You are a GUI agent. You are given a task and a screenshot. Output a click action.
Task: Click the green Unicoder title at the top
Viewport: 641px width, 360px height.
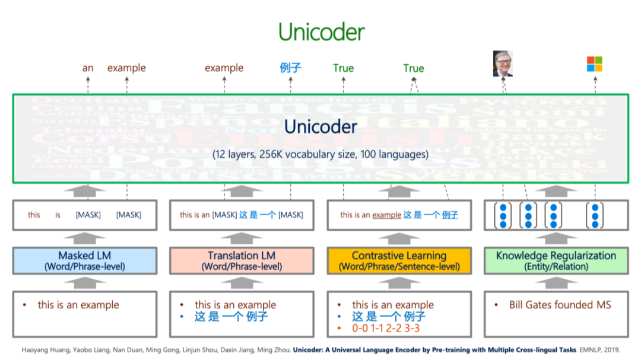click(x=321, y=33)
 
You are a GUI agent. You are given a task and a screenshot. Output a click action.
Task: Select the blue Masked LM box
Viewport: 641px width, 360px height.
click(x=84, y=261)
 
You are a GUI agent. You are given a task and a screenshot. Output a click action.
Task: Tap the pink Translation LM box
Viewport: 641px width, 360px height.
click(x=242, y=261)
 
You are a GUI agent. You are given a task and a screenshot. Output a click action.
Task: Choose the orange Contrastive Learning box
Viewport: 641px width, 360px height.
click(x=399, y=261)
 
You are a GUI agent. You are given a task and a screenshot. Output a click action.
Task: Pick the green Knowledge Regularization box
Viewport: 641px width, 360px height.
click(x=556, y=261)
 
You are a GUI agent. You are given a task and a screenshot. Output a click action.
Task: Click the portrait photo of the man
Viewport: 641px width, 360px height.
click(x=502, y=64)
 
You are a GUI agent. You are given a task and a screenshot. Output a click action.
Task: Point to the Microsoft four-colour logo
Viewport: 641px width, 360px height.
click(x=594, y=64)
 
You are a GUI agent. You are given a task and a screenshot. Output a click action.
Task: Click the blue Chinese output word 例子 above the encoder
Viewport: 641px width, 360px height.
click(x=290, y=68)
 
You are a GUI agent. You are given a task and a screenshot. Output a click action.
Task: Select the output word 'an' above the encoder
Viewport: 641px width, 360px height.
click(x=88, y=68)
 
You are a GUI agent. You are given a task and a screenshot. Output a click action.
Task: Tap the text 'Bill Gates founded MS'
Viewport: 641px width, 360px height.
click(x=560, y=305)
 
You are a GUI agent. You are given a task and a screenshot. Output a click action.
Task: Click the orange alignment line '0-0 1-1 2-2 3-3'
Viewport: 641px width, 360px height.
click(x=386, y=328)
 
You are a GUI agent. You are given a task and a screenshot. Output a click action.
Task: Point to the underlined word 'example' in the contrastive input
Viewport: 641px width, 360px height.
click(x=386, y=215)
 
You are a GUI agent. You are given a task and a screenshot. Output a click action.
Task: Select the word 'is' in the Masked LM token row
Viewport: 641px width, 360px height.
click(x=58, y=215)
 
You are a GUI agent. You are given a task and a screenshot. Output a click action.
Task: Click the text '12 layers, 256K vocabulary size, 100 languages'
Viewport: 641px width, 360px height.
click(x=320, y=154)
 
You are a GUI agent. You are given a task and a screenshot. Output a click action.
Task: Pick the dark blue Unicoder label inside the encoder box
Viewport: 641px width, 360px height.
click(x=320, y=126)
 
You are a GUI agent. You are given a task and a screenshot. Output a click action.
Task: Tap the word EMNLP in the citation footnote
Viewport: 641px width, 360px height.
click(x=593, y=351)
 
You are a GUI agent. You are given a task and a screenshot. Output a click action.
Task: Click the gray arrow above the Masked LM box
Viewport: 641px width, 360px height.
click(x=84, y=238)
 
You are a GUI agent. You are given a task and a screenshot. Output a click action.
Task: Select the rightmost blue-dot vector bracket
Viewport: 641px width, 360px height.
click(x=594, y=215)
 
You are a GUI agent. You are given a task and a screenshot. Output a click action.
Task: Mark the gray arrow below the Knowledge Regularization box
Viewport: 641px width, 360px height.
click(x=556, y=283)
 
